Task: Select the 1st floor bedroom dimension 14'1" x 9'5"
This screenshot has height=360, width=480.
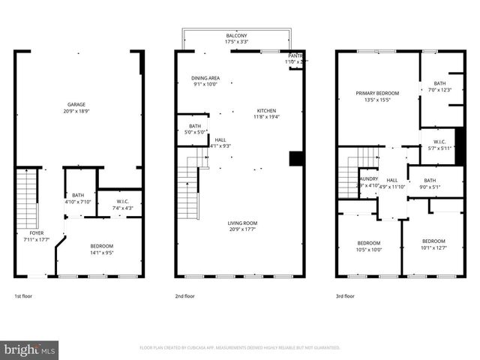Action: tap(102, 253)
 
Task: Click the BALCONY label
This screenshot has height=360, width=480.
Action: tap(237, 35)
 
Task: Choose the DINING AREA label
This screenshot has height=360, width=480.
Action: tap(205, 77)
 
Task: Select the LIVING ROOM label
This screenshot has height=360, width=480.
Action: tap(242, 223)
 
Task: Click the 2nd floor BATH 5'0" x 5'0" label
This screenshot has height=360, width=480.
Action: tap(195, 126)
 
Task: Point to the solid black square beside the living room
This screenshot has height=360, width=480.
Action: tap(295, 158)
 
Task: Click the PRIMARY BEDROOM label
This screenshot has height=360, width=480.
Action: tap(377, 93)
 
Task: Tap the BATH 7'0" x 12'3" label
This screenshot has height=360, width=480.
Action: tap(439, 83)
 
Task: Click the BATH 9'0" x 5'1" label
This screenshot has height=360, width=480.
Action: tap(430, 180)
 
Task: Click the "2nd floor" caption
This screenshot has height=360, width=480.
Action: tap(184, 296)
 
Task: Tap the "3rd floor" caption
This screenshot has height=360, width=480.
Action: tap(345, 296)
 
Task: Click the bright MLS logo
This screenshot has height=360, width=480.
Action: tap(30, 349)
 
